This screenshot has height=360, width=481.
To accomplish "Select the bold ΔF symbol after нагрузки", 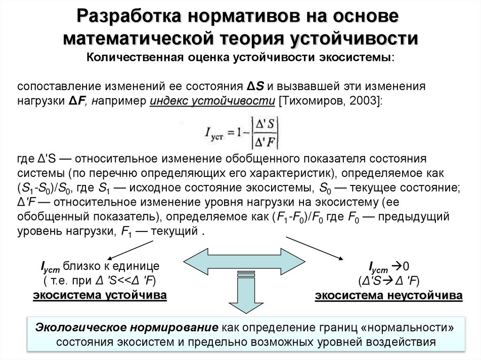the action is [77, 101].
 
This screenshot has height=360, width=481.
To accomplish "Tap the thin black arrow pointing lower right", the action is [315, 247].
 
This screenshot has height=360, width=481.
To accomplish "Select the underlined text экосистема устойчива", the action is [100, 296].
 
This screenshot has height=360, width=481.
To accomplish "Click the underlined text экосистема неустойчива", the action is [388, 296].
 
